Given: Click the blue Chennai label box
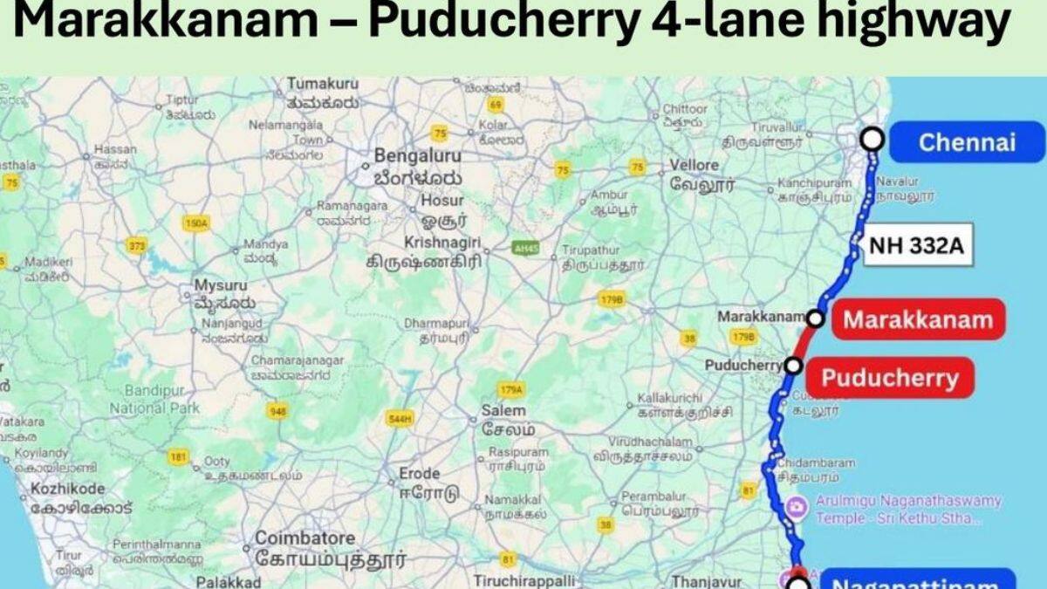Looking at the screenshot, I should [966, 142].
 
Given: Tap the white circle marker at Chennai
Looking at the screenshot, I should [872, 140].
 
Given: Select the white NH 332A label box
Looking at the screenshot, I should [916, 248].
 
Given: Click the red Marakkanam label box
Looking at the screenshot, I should [917, 319].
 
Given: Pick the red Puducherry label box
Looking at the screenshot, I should [890, 378].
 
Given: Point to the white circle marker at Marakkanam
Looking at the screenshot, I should [815, 318].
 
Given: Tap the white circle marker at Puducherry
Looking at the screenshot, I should [793, 365].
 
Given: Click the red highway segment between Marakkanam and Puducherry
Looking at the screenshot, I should [803, 342].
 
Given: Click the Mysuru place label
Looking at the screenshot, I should [220, 286].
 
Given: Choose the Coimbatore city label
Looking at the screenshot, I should [305, 538].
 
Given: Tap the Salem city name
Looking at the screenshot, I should [503, 410].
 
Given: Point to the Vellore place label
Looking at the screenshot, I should [695, 165].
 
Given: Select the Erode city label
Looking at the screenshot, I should [419, 473].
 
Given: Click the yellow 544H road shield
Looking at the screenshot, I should [399, 419].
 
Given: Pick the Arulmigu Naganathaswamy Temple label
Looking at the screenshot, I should [907, 509].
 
